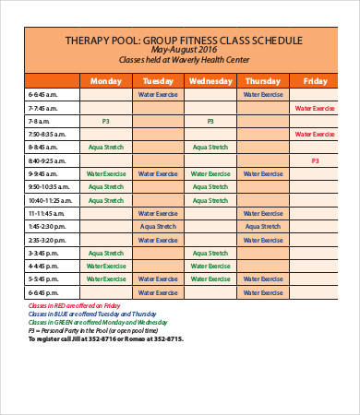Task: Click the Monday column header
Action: pos(106,81)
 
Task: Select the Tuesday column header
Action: pos(158,81)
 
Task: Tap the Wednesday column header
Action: pos(210,81)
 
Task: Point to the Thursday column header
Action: pos(263,81)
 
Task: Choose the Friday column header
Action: pos(315,81)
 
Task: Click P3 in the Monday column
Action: pos(106,121)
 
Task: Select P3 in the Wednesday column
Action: pos(210,121)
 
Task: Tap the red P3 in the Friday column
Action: pos(315,160)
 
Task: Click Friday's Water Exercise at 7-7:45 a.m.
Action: pos(315,108)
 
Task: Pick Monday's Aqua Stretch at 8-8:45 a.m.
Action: pos(106,148)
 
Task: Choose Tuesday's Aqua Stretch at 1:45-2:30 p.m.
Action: pos(158,226)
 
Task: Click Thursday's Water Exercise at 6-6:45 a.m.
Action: pos(263,95)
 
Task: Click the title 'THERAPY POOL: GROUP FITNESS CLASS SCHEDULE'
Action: pos(184,40)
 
